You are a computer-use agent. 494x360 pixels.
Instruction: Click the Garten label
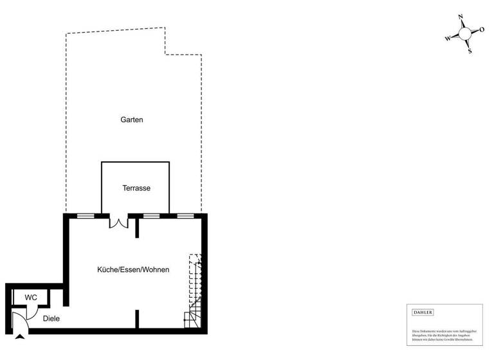point(131,120)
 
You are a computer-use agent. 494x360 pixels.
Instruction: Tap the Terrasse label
point(136,188)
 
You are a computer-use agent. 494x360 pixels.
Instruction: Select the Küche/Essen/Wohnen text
point(133,270)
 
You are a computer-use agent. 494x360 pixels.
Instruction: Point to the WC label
point(31,298)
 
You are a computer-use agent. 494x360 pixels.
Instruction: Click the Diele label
point(51,318)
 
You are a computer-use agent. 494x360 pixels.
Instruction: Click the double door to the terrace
point(119,222)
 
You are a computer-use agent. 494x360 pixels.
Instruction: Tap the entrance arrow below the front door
point(20,336)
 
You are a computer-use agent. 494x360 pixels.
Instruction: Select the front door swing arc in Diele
point(21,319)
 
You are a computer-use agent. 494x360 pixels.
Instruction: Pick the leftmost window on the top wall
point(86,216)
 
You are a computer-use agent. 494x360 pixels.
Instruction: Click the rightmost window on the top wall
point(185,216)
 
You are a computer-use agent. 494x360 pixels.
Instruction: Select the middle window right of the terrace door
point(151,216)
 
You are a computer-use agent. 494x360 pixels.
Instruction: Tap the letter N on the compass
point(461,17)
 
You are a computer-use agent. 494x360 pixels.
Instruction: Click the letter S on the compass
point(470,51)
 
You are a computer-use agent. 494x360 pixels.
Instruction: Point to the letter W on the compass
point(448,39)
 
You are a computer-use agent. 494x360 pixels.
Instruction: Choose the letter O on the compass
point(481,30)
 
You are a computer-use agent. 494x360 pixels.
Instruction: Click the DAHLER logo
point(423,312)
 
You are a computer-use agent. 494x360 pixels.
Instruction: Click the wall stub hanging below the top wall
point(137,228)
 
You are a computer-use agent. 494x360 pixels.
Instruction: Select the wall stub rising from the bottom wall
point(137,319)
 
